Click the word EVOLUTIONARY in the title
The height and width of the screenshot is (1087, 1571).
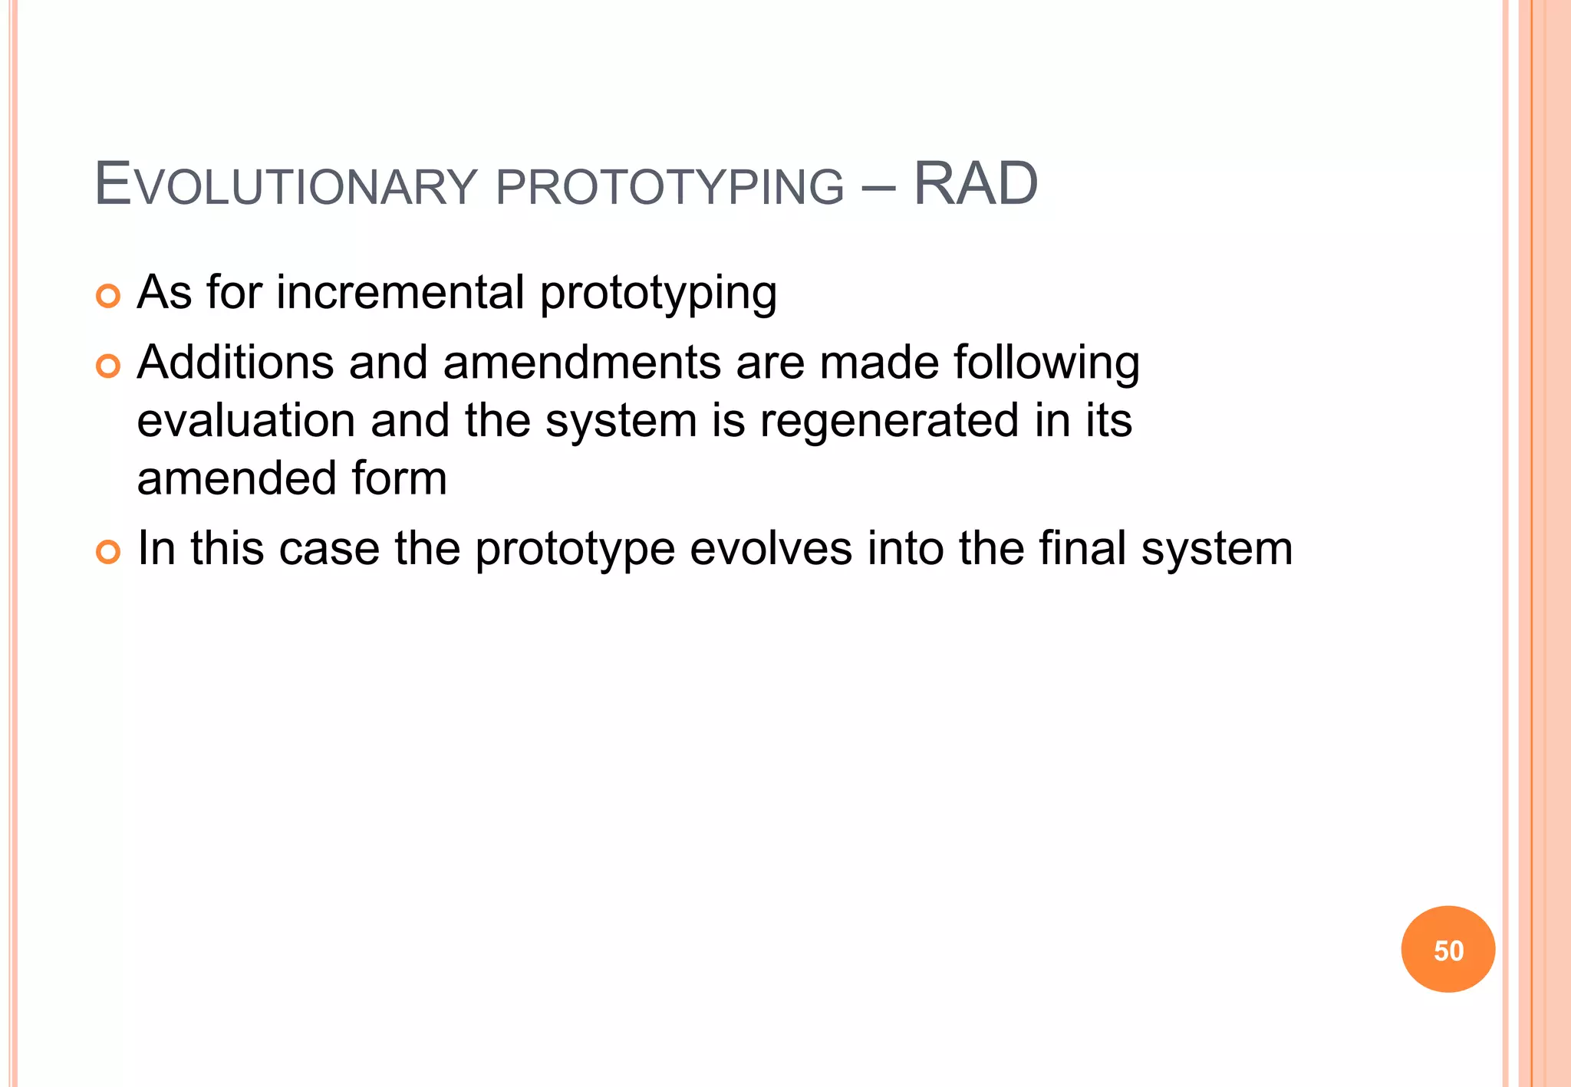pos(285,186)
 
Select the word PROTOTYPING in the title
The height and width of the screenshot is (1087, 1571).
pos(670,186)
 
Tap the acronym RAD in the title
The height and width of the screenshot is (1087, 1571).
pos(975,185)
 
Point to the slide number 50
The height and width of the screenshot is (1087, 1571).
pos(1448,951)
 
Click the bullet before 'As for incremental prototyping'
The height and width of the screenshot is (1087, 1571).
pos(108,296)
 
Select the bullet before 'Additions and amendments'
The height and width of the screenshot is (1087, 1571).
pos(108,366)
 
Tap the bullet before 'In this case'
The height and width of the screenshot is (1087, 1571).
pos(108,552)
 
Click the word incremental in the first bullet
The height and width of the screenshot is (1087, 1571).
pos(400,293)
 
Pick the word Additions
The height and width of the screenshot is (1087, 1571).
pos(235,363)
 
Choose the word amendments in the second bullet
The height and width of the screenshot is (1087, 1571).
pos(581,363)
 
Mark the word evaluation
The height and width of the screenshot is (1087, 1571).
pos(246,421)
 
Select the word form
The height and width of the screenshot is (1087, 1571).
pos(399,478)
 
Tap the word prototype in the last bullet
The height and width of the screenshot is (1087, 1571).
pos(575,550)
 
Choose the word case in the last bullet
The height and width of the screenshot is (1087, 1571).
pos(329,550)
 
